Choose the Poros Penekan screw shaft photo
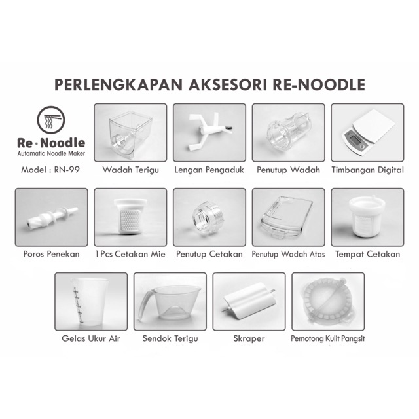(51, 217)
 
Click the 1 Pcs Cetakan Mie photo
(130, 217)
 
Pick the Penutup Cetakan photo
(209, 217)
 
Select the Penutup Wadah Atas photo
(288, 217)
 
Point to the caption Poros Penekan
(51, 254)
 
